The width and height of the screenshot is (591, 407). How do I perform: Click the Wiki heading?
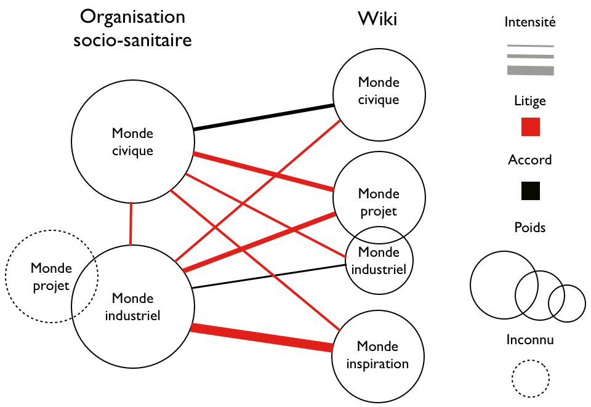[377, 20]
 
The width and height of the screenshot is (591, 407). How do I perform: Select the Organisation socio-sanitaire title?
[132, 30]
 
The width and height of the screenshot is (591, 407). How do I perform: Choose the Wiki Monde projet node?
[379, 196]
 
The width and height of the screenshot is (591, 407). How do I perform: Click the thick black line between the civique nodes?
[263, 118]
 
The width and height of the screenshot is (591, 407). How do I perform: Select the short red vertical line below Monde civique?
[131, 224]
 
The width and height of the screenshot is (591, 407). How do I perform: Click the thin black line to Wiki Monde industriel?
[268, 276]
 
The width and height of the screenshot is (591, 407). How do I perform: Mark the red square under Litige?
[530, 127]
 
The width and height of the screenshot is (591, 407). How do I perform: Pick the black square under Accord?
[530, 191]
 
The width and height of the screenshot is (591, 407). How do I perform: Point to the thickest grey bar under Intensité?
[530, 71]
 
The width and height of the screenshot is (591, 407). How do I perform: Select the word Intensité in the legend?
[530, 23]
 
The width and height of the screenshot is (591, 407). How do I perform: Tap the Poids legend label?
[530, 228]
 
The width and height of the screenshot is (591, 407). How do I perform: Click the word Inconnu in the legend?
[530, 340]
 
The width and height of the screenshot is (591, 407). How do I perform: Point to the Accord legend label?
[530, 160]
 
